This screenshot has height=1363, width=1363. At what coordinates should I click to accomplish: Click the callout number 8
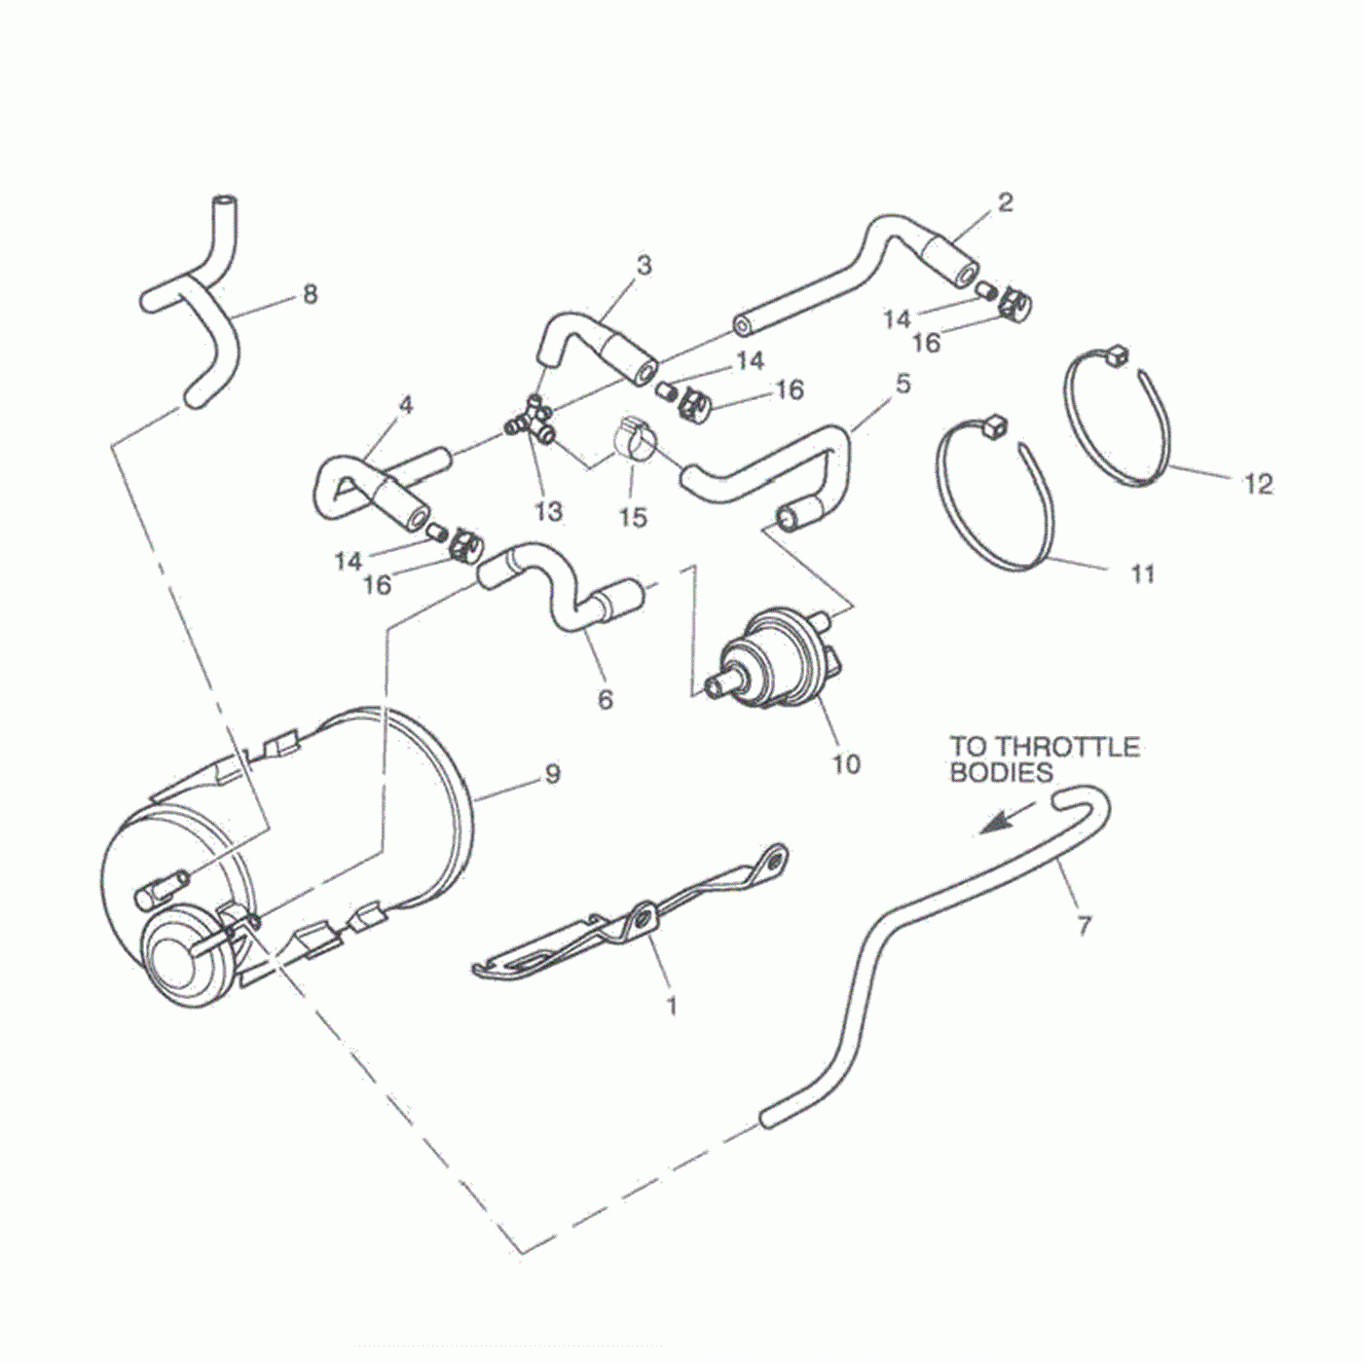point(310,293)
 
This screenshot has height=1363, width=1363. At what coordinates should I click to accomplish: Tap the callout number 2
point(1005,203)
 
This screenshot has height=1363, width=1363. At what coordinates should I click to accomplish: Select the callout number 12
point(1258,483)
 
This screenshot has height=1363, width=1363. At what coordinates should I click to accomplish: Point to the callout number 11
point(1142,573)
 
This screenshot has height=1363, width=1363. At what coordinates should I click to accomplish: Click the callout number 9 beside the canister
point(552,774)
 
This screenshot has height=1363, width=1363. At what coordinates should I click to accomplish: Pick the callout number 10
point(846,764)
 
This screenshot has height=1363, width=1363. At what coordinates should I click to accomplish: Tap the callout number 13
point(549,511)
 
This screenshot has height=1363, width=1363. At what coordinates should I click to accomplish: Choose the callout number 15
point(632,516)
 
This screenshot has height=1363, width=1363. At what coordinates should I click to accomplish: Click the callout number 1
point(671,1005)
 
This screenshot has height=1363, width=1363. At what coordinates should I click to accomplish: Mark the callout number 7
point(1085,925)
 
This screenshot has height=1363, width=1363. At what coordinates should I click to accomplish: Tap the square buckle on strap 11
point(994,424)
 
